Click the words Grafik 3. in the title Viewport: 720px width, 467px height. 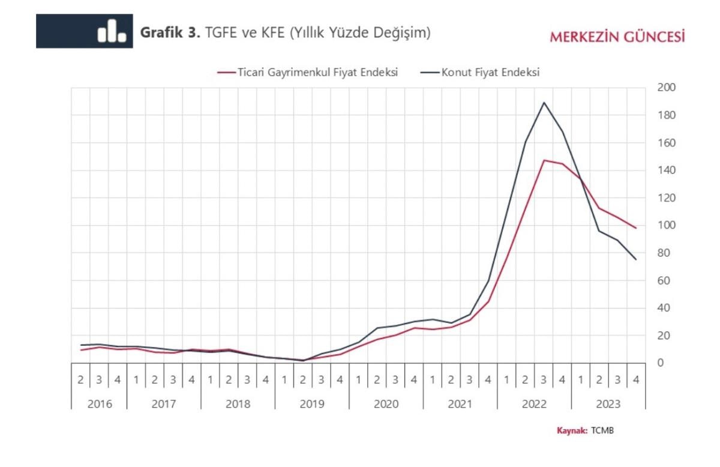170,32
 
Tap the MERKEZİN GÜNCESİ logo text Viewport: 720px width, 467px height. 617,37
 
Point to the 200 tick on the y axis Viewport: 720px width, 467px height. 668,88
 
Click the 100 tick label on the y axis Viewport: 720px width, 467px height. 668,226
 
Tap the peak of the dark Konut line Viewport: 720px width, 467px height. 544,102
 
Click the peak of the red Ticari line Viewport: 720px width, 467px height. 544,160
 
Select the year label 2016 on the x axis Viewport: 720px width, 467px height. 99,404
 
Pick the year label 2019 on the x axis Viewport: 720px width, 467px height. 312,404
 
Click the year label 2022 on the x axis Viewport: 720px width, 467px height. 534,404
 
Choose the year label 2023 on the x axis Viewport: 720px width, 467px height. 608,404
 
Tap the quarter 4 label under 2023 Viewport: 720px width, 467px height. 636,379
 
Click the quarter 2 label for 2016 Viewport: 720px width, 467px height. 80,379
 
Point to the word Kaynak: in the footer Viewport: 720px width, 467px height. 572,431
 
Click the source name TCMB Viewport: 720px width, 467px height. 602,431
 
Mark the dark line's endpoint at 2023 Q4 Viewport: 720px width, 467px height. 636,259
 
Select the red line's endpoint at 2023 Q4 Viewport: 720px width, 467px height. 636,228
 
